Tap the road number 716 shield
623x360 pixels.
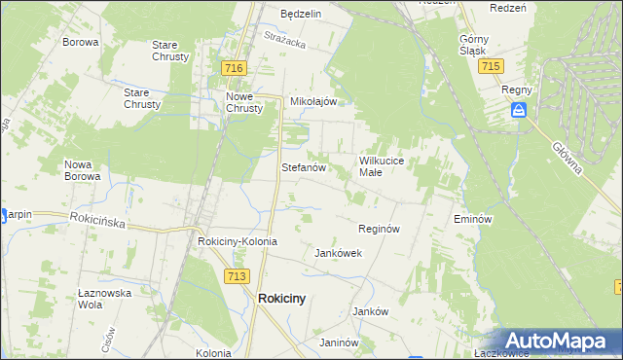coord(233,68)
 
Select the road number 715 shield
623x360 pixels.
coord(491,65)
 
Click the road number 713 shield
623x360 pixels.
coord(235,276)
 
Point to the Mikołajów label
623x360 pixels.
coord(313,101)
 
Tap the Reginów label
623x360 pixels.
coord(380,229)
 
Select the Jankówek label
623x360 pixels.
coord(338,253)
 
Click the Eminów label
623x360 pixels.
coord(470,220)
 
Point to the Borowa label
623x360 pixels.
coord(81,43)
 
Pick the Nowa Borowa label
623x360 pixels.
coord(82,170)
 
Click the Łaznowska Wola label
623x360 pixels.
coord(103,298)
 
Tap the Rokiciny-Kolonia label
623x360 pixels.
coord(238,241)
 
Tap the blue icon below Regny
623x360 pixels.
coord(520,111)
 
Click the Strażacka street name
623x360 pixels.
coord(285,40)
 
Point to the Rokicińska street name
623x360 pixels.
coord(97,221)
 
